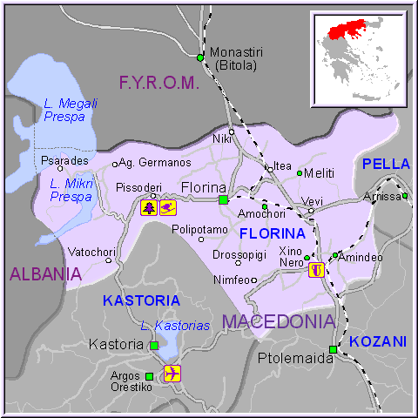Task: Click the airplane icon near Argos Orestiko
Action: [x=172, y=374]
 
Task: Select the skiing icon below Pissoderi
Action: [x=168, y=207]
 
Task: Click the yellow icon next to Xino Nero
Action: [x=318, y=269]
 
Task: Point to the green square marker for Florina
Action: [x=223, y=199]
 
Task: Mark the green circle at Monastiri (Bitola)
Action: [x=200, y=58]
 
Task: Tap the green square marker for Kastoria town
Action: [x=154, y=346]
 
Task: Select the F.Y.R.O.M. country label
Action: [x=159, y=84]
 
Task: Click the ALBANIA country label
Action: [x=45, y=274]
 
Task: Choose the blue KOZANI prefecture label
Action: [x=378, y=342]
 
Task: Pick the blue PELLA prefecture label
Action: [x=380, y=164]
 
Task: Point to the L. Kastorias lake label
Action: [x=175, y=325]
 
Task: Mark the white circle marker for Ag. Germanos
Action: [x=114, y=164]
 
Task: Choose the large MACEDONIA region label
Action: [x=278, y=321]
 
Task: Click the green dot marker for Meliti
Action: [x=300, y=172]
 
